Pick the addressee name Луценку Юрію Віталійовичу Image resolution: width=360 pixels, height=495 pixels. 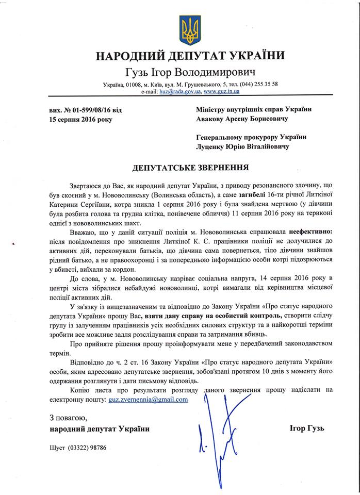[242, 146]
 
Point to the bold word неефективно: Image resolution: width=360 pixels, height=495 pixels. [312, 233]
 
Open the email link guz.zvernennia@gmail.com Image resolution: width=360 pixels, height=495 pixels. [149, 400]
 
